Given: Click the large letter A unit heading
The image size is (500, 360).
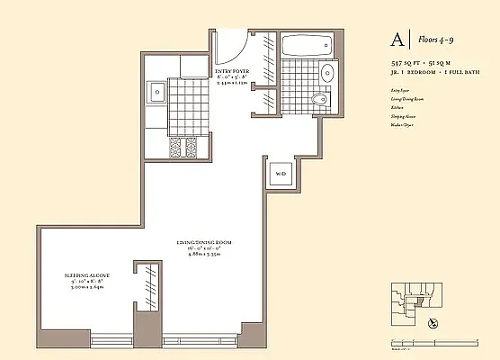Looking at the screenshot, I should [397, 39].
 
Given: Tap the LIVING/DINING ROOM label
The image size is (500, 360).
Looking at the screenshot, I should [210, 243].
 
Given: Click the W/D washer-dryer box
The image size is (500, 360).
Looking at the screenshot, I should [280, 174].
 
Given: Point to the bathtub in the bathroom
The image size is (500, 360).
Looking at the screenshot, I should [308, 45].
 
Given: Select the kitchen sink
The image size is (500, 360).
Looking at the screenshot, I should [157, 91].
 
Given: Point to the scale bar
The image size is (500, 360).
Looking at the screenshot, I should [403, 335].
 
